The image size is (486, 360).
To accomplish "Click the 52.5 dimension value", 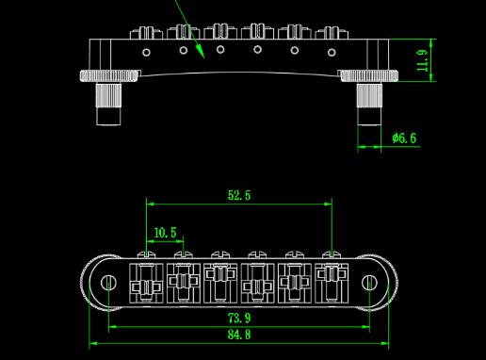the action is pyautogui.click(x=239, y=195).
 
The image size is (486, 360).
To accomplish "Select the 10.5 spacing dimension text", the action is pyautogui.click(x=165, y=233).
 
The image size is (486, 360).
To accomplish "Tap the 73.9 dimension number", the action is pyautogui.click(x=239, y=319).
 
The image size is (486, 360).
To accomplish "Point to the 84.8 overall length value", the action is pyautogui.click(x=239, y=335).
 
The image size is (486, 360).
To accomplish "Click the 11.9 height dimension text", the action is pyautogui.click(x=422, y=60).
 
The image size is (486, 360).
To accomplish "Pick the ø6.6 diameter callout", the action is pyautogui.click(x=404, y=138).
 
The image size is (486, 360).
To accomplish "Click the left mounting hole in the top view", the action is pyautogui.click(x=108, y=283).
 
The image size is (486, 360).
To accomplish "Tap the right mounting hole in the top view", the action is pyautogui.click(x=369, y=283).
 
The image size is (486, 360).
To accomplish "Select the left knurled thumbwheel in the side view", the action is pyautogui.click(x=108, y=76).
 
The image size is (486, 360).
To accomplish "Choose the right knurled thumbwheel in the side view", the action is pyautogui.click(x=369, y=76).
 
